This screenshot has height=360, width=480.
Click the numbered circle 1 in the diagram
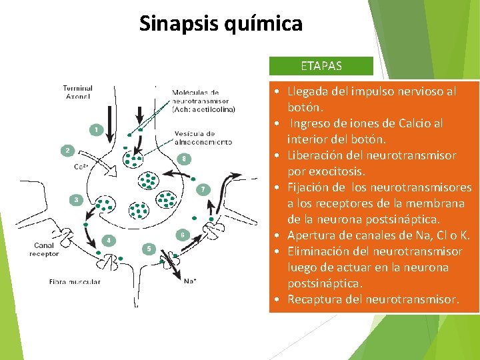[97, 129]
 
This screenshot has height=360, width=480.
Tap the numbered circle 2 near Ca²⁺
[67, 151]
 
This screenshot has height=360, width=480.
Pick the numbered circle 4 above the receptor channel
[108, 240]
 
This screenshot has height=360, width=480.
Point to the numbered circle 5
[149, 249]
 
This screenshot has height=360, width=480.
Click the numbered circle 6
[182, 235]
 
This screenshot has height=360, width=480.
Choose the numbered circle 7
[203, 190]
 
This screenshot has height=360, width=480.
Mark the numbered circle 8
[185, 159]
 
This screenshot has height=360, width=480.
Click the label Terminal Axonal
[78, 92]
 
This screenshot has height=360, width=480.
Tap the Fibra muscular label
[75, 282]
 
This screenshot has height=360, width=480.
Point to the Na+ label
[189, 281]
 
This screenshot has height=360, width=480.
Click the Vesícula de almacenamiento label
[201, 137]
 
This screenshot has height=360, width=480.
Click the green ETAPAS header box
[321, 66]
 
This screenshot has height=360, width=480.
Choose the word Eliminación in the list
[318, 251]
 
